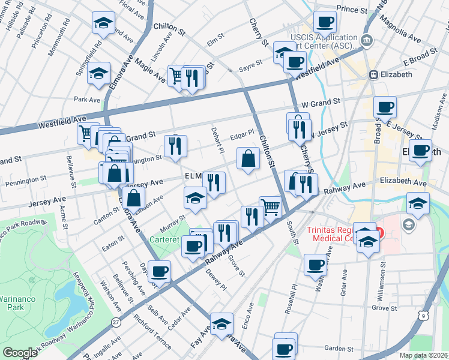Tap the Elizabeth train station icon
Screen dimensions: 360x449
click(373, 74)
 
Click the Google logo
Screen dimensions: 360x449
click(20, 353)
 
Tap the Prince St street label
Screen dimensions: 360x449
click(351, 9)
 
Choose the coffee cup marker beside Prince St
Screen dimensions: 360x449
click(325, 23)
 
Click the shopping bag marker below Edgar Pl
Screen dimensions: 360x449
click(248, 160)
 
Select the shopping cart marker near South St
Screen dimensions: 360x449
click(271, 208)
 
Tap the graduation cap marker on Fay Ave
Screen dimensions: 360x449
click(221, 324)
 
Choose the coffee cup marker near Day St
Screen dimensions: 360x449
click(160, 272)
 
